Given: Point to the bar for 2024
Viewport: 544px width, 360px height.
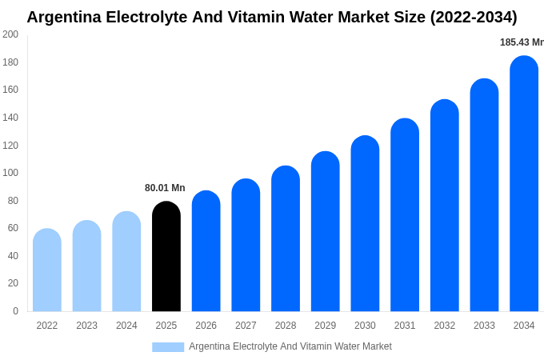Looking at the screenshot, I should [126, 262].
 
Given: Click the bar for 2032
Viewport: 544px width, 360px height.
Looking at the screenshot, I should [445, 206].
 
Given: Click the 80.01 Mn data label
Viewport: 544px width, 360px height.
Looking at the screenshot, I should [165, 188].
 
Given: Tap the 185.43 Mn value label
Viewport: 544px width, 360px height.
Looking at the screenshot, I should [522, 42].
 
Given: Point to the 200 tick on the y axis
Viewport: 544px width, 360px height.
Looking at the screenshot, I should [10, 34].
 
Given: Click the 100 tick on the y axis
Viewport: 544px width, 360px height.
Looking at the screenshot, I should [10, 173].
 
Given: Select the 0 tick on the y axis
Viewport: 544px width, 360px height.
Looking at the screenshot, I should [15, 311].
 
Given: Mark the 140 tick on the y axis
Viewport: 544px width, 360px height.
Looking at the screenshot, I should [10, 118].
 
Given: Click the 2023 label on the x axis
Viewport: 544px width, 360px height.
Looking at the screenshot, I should [86, 326].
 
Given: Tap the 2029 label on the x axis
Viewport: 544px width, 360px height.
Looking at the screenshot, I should [326, 326].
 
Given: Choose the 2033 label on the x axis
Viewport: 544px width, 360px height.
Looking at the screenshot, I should [484, 326].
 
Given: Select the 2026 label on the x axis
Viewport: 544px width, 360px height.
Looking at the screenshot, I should [206, 326].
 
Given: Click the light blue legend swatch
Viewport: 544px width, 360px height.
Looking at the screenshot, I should [168, 347].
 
